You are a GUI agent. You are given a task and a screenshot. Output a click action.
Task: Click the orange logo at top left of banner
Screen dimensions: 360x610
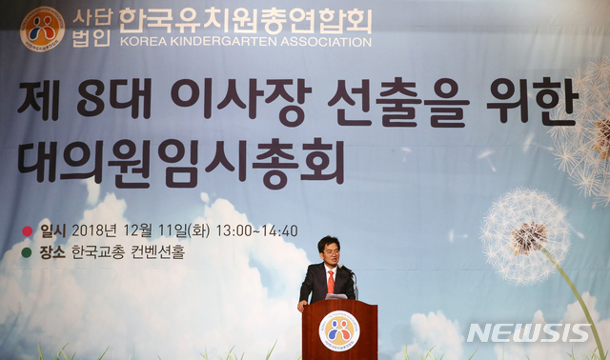pyautogui.click(x=42, y=29)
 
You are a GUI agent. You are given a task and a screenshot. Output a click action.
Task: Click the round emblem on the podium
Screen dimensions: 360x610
pyautogui.click(x=338, y=331)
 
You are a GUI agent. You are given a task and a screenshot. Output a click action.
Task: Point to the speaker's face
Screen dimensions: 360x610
pyautogui.click(x=329, y=252)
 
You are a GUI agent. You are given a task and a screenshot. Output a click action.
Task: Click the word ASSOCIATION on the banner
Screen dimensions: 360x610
pyautogui.click(x=319, y=43)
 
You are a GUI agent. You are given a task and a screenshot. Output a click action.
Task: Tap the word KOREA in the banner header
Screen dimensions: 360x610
pyautogui.click(x=141, y=43)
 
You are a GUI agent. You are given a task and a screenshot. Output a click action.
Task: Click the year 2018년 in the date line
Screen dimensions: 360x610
pyautogui.click(x=91, y=231)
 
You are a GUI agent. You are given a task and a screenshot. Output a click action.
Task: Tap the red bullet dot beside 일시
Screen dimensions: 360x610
pyautogui.click(x=27, y=231)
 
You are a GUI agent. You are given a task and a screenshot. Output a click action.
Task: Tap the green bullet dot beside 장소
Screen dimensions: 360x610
pyautogui.click(x=27, y=253)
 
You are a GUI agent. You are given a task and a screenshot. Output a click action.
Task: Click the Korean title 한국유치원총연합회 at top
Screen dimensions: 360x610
pyautogui.click(x=244, y=20)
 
